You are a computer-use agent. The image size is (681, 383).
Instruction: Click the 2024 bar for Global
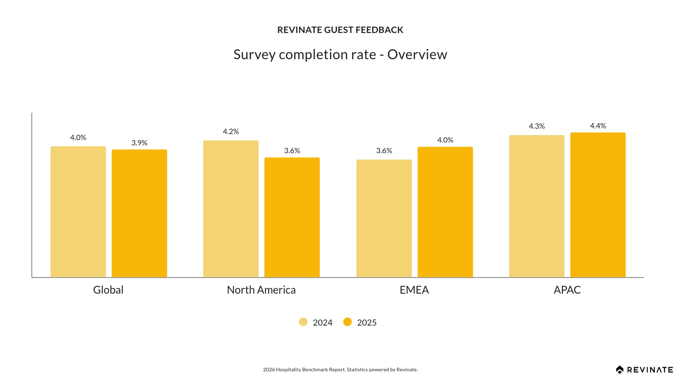click(x=78, y=212)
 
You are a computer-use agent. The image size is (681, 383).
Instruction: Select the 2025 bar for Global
click(x=139, y=213)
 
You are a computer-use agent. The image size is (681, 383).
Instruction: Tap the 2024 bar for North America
click(x=231, y=209)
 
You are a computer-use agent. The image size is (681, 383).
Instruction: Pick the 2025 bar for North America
click(x=292, y=217)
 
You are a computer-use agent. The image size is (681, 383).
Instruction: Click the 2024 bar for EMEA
click(x=384, y=218)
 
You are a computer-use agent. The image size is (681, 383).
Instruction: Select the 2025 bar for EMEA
click(x=445, y=212)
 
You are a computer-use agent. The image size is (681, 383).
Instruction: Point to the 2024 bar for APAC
click(x=537, y=206)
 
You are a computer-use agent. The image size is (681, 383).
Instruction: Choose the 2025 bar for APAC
click(x=598, y=205)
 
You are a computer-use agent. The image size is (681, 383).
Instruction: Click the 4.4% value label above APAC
click(x=598, y=126)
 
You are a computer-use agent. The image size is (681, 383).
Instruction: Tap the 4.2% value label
click(x=231, y=132)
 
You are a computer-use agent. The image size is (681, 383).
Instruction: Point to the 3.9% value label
click(x=139, y=143)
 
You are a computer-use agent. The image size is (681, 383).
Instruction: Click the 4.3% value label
click(x=537, y=126)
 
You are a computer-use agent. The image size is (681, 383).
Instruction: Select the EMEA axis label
click(x=414, y=290)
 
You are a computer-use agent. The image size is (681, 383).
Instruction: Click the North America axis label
click(x=261, y=290)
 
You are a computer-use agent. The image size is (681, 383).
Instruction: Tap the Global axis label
click(x=108, y=290)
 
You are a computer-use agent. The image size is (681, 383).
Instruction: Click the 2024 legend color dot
click(x=303, y=322)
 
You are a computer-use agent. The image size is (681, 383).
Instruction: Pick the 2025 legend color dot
click(x=348, y=322)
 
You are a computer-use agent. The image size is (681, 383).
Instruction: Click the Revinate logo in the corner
click(x=644, y=370)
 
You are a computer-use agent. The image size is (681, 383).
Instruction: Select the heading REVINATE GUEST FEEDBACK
click(x=340, y=30)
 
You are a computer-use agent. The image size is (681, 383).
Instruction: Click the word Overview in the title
click(x=417, y=55)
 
